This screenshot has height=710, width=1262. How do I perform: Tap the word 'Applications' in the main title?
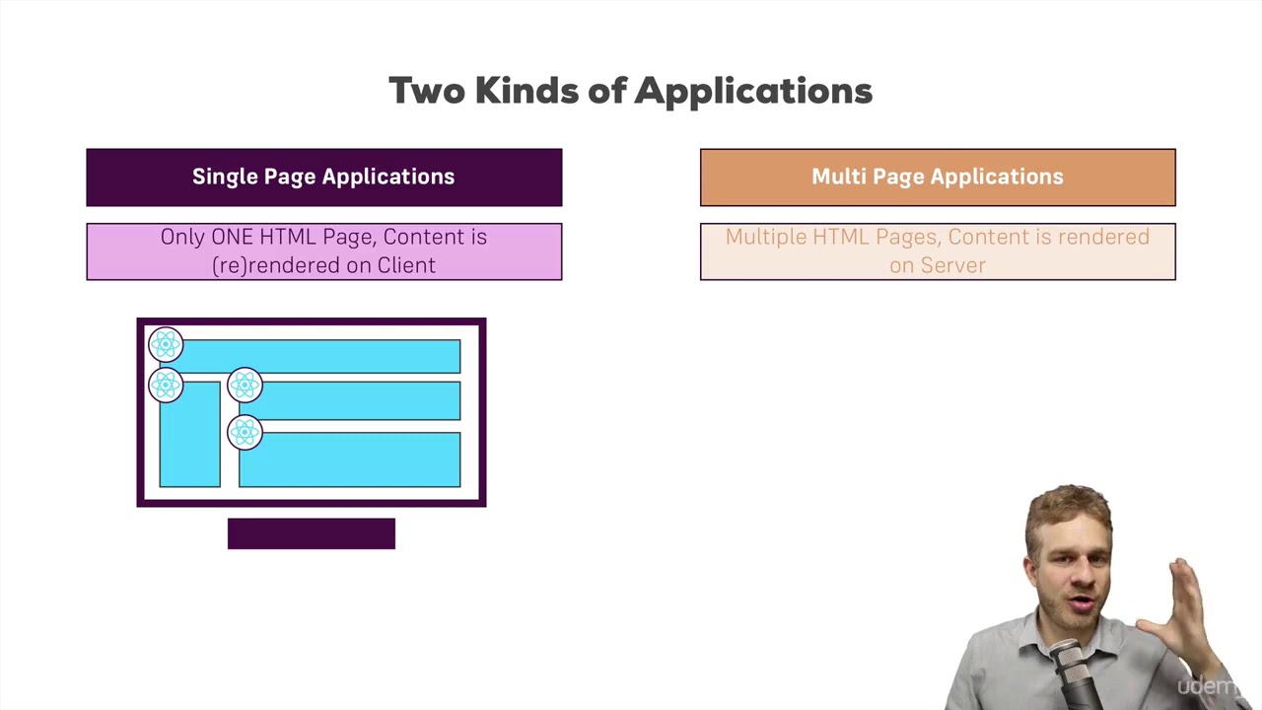coord(753,92)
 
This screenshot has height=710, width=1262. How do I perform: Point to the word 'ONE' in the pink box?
coord(233,237)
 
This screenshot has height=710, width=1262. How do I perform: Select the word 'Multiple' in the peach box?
coord(765,237)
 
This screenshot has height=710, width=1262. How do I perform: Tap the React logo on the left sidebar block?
coord(166,385)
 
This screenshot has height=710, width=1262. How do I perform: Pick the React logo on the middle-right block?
coord(245,385)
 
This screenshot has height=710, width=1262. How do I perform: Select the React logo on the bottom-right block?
coord(245,432)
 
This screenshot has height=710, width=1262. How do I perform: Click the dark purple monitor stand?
coord(312,533)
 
